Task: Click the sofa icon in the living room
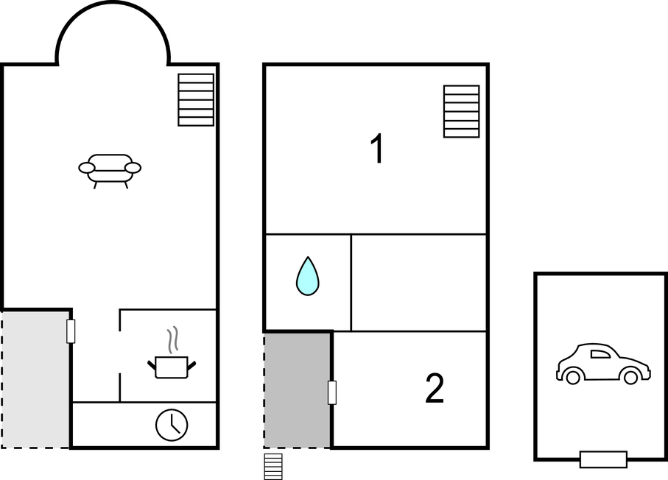[110, 171]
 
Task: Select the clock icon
[172, 425]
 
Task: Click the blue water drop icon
[308, 276]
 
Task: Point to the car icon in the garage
[603, 364]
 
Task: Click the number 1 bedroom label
[378, 148]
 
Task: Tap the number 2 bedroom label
[435, 388]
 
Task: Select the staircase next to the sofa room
[196, 99]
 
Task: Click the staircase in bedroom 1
[461, 111]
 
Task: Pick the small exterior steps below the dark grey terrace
[273, 466]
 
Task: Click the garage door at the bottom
[603, 459]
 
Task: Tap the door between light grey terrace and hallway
[71, 331]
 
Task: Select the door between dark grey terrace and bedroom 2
[332, 392]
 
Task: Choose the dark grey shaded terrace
[297, 390]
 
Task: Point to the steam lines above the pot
[172, 339]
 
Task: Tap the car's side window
[600, 353]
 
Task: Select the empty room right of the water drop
[419, 283]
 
